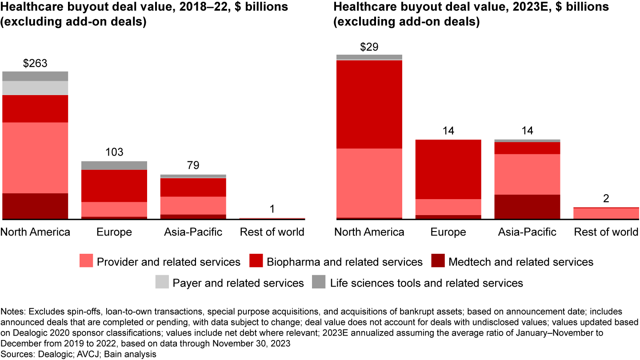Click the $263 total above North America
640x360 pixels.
click(x=35, y=63)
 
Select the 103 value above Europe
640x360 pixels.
click(x=114, y=153)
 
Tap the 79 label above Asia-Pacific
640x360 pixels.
click(x=193, y=166)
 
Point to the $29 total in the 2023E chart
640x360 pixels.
click(x=369, y=47)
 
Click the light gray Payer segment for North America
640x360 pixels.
click(x=35, y=88)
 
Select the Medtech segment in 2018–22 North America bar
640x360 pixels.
click(x=35, y=206)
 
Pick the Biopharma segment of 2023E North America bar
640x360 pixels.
click(x=369, y=104)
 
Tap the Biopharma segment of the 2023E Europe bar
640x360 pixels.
click(x=448, y=169)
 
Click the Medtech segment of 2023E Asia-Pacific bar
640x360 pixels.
click(x=527, y=206)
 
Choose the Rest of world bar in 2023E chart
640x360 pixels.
click(x=606, y=213)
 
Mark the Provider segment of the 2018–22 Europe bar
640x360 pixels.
click(x=114, y=209)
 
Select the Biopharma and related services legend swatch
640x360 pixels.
click(x=256, y=261)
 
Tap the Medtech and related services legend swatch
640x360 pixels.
click(x=438, y=261)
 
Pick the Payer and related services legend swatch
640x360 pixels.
click(x=161, y=282)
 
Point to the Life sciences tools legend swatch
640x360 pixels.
click(x=319, y=282)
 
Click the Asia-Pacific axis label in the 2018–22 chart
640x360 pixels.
click(x=193, y=232)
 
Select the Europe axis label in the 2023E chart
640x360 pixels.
click(x=448, y=232)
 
